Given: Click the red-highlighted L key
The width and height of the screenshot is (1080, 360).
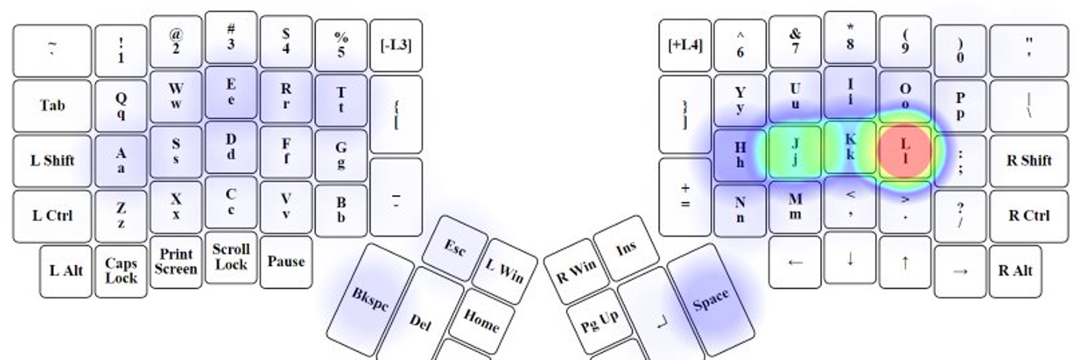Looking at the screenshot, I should click(x=905, y=151).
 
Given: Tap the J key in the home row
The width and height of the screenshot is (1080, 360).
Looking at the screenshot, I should click(x=795, y=151).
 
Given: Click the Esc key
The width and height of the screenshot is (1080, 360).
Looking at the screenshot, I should click(x=454, y=248).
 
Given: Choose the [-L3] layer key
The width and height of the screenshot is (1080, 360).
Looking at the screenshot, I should click(x=395, y=45).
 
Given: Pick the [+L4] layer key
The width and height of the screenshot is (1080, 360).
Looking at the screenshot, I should click(x=685, y=45).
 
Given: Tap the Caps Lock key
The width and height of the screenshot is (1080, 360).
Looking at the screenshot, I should click(x=121, y=271).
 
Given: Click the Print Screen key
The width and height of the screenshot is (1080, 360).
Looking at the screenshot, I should click(x=176, y=262).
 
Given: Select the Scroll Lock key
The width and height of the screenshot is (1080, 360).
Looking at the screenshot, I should click(x=231, y=257).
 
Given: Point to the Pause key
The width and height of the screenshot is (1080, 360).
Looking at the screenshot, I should click(x=286, y=261).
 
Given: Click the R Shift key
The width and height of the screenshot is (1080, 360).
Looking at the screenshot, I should click(x=1028, y=161).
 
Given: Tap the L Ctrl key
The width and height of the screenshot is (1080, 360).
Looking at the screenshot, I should click(x=53, y=215).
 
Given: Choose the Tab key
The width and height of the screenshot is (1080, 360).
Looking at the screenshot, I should click(x=53, y=106).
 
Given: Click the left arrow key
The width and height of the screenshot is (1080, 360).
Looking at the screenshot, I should click(x=795, y=262).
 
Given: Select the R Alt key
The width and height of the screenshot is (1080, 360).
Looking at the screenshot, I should click(x=1015, y=271).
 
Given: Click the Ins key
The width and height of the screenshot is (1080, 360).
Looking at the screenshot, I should click(x=626, y=248).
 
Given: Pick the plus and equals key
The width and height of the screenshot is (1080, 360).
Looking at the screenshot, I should click(x=685, y=196).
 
